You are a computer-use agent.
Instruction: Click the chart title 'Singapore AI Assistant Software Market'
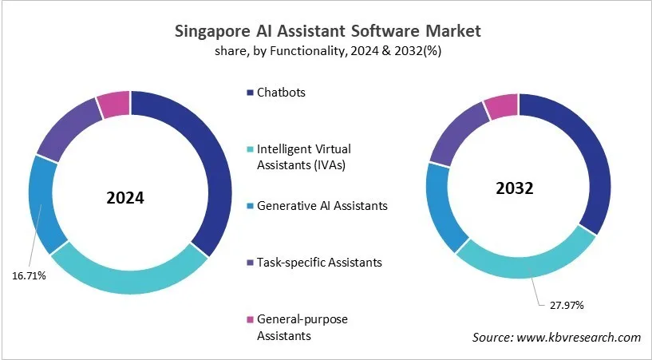pos(327,31)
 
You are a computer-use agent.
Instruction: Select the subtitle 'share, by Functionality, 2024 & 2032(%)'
pos(327,51)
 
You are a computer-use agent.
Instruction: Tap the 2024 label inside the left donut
pos(125,197)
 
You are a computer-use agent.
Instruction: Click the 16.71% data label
pos(30,276)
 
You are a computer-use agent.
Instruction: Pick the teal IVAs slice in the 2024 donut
pos(128,275)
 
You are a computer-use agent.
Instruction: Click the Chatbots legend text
pos(281,92)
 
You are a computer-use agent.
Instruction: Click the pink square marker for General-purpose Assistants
pos(250,319)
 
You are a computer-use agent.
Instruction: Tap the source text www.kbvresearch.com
pos(579,338)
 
